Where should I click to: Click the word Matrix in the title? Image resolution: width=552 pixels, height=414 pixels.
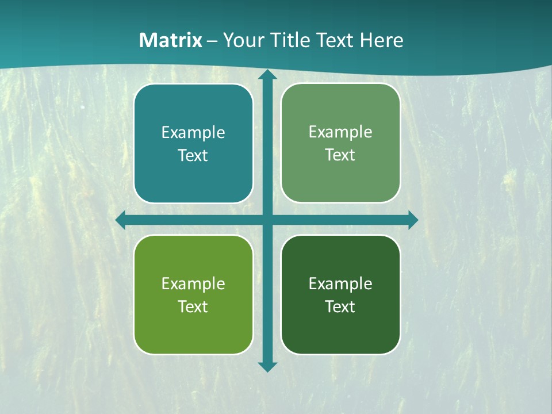(x=171, y=40)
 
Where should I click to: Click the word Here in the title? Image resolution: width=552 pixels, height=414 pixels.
(x=382, y=40)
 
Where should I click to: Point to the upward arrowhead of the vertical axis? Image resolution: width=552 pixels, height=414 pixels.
(x=267, y=75)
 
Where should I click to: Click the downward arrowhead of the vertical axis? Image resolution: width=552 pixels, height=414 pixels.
(x=267, y=366)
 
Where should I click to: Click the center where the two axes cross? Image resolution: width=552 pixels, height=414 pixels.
(x=267, y=220)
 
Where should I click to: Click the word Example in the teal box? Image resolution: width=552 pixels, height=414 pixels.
(x=193, y=133)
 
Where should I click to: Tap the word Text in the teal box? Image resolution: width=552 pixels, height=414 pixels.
(x=193, y=156)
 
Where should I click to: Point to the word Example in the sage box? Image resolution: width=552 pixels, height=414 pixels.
(x=340, y=132)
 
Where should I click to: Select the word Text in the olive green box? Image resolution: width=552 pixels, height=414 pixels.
(x=193, y=307)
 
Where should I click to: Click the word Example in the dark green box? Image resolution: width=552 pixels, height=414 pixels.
(x=340, y=284)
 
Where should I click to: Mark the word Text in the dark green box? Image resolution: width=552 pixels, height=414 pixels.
(x=340, y=307)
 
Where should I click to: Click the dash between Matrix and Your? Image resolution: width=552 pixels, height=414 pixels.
(x=212, y=41)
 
